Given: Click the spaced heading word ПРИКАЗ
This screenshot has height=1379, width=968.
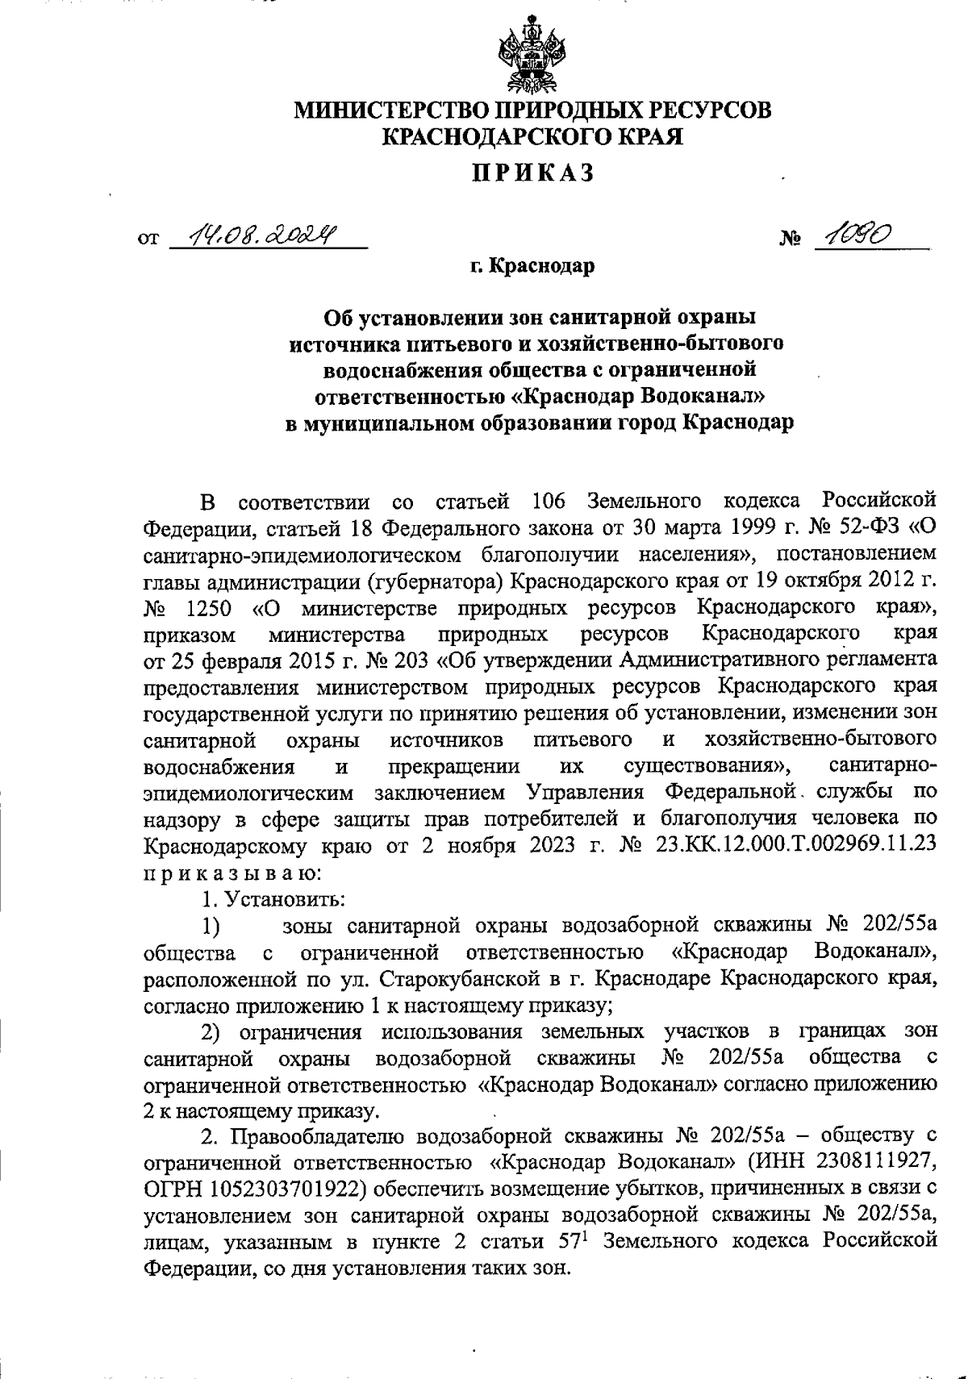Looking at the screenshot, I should coord(532,173).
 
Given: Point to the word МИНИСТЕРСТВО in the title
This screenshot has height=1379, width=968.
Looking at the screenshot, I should coord(386,109).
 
